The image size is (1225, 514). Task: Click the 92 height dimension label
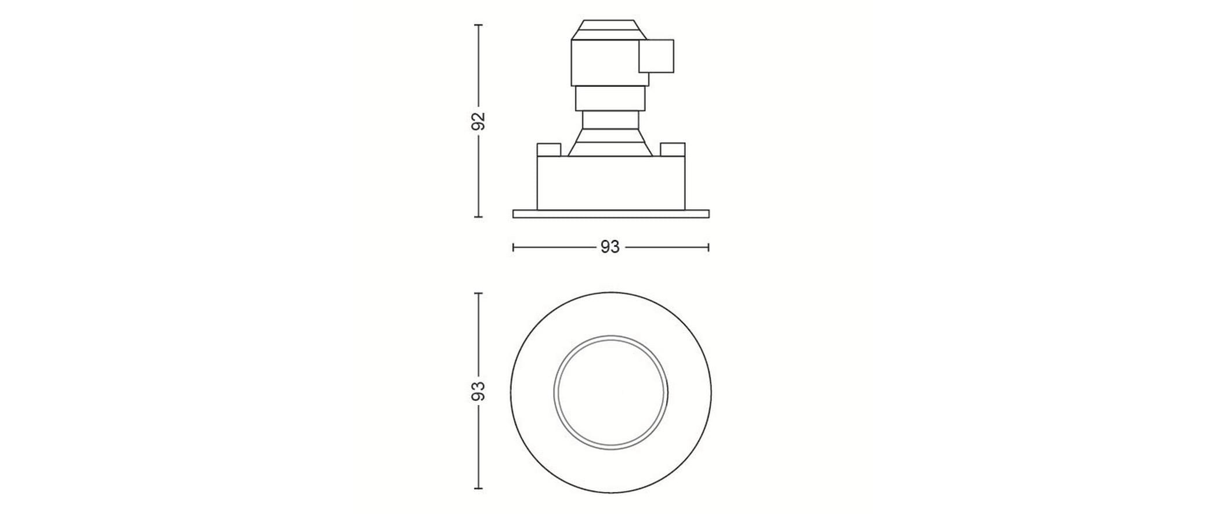[x=478, y=121]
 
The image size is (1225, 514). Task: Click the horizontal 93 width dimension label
[x=610, y=248]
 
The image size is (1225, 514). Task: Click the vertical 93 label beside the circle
[x=478, y=391]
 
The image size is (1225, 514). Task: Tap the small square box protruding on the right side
[x=656, y=56]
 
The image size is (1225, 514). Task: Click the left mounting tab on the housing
[x=548, y=149]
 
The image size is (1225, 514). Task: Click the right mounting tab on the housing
[x=673, y=149]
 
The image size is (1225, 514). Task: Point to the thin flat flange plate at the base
[x=611, y=213]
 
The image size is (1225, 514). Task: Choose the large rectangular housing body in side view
[x=611, y=182]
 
